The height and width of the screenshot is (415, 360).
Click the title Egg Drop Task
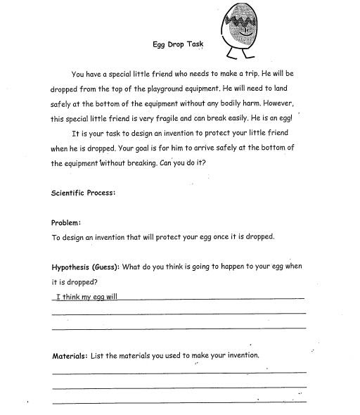178,44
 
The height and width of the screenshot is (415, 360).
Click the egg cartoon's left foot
228,59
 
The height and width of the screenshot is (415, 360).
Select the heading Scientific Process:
83,193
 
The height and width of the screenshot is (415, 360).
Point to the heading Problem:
67,222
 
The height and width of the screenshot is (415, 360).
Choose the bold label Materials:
70,356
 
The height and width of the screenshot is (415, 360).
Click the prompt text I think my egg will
86,296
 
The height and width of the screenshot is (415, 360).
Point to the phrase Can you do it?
201,163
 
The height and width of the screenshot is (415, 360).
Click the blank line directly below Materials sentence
179,372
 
